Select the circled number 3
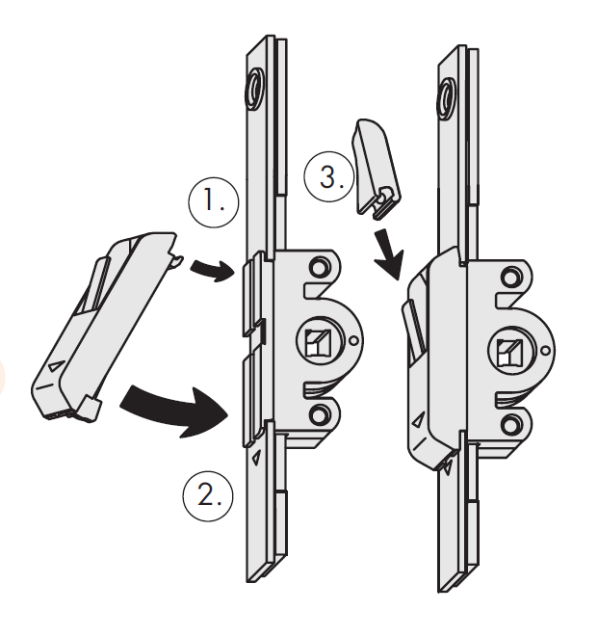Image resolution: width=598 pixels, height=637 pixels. (325, 178)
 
